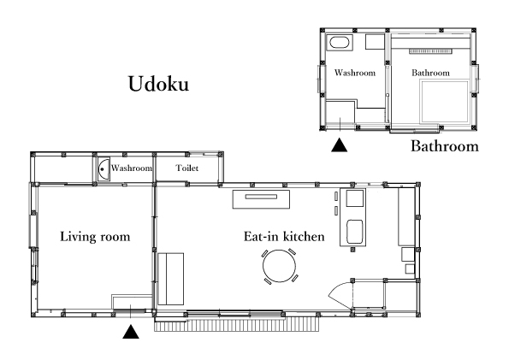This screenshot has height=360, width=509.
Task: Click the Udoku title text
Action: [x=158, y=84]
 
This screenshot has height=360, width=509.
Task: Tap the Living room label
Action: [x=95, y=236]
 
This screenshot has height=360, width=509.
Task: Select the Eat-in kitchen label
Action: [x=284, y=236]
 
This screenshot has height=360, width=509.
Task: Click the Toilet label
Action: [x=187, y=168]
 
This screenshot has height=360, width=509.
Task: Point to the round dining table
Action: [x=279, y=266]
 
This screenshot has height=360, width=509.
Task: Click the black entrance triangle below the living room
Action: [x=131, y=332]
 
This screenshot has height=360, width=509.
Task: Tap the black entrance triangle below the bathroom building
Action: [x=340, y=145]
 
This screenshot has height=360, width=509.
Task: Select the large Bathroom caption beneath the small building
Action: [x=445, y=146]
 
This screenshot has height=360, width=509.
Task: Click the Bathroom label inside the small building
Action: [x=431, y=73]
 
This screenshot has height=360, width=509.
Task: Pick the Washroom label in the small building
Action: [x=355, y=73]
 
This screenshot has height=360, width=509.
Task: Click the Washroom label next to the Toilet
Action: [x=132, y=168]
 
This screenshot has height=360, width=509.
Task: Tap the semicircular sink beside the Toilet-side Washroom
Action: [x=104, y=169]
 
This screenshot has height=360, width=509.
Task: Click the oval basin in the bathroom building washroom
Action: [x=340, y=42]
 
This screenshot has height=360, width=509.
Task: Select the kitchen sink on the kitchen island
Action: [x=354, y=232]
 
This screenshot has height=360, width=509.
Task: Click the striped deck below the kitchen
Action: [x=236, y=324]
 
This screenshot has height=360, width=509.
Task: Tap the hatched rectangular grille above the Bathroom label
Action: [x=430, y=51]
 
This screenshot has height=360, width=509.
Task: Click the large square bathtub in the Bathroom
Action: [x=445, y=102]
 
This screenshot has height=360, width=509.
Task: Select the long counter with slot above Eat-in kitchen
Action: [x=261, y=199]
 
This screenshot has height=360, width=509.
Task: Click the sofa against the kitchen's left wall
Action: [x=171, y=279]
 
